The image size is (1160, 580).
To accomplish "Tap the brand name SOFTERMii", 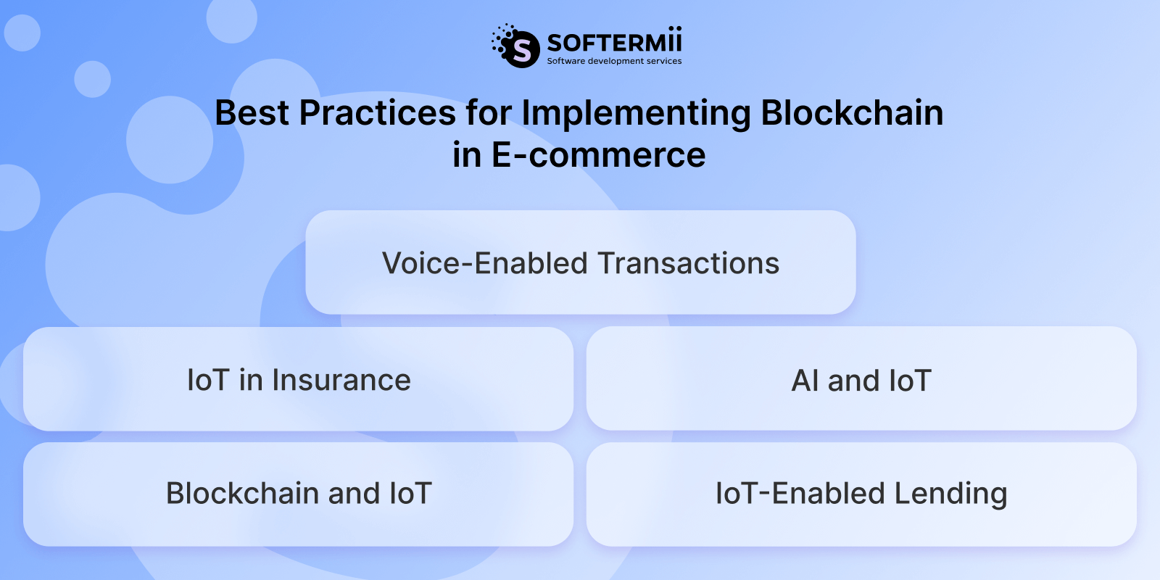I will [614, 42].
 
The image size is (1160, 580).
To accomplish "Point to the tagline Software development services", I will [614, 62].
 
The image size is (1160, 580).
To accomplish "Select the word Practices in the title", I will [378, 114].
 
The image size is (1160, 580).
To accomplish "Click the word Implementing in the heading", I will [636, 114].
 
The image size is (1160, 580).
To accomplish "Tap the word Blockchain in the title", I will [852, 114].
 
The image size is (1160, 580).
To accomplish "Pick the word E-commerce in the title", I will [598, 155].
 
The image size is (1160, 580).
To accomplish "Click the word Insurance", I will [341, 381].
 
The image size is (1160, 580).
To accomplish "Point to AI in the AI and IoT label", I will [805, 381].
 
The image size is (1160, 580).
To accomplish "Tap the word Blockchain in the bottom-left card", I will [242, 494].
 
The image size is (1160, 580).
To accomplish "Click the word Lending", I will [950, 494].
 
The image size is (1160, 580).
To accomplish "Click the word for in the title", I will [488, 114].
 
